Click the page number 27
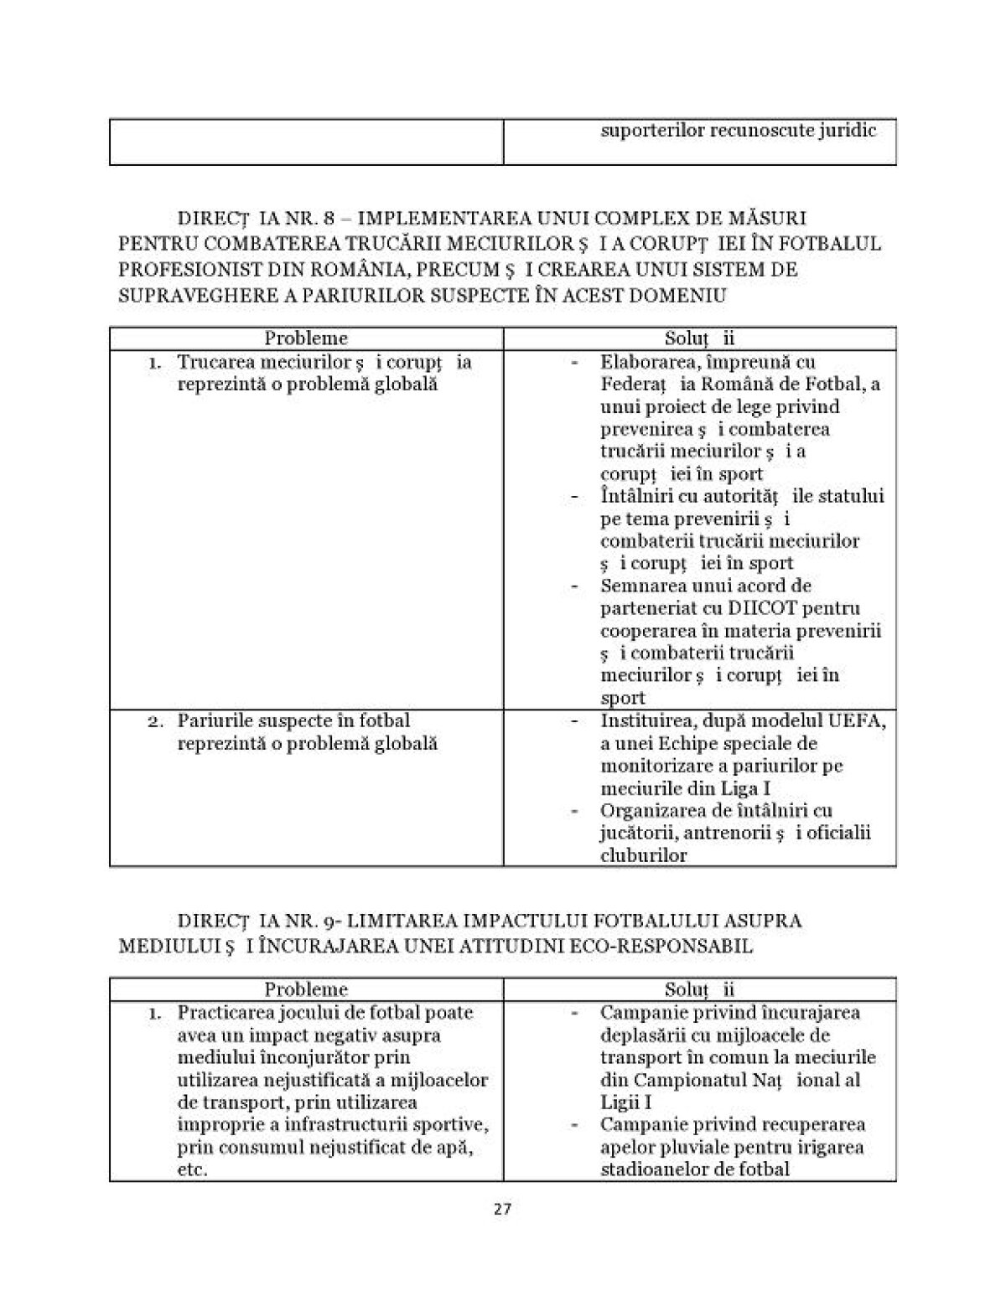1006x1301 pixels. pos(503,1209)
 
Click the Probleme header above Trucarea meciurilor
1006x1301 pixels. pos(306,338)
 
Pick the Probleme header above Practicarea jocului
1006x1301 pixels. pos(306,989)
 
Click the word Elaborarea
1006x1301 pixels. pos(645,362)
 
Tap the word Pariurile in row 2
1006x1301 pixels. pos(210,720)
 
